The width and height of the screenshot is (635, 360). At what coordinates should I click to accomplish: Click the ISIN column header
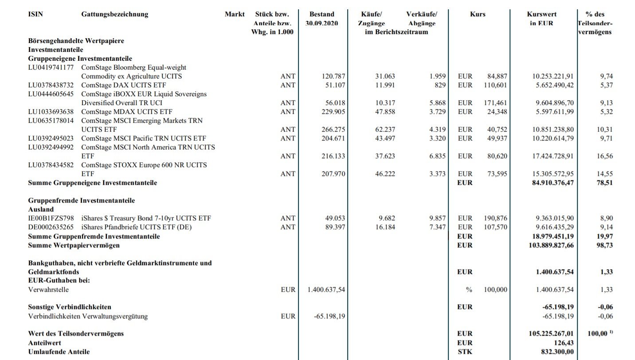click(x=35, y=14)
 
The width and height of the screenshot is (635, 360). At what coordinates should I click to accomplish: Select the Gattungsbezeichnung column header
click(x=114, y=14)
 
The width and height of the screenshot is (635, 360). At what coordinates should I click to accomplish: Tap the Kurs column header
click(x=478, y=14)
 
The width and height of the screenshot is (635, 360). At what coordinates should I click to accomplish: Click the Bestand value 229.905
click(x=333, y=112)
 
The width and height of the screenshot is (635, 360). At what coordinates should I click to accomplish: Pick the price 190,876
click(x=495, y=218)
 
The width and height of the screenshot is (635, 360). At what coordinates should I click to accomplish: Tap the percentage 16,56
click(x=605, y=156)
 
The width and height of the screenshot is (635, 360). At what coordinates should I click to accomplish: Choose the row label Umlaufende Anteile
click(x=59, y=352)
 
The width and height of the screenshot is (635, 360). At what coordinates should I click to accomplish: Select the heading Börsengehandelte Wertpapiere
click(x=76, y=41)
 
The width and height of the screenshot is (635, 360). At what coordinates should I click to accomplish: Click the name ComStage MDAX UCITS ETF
click(x=127, y=112)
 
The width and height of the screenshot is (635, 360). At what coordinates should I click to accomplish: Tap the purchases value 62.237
click(x=385, y=129)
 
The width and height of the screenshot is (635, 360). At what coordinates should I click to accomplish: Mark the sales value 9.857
click(x=437, y=218)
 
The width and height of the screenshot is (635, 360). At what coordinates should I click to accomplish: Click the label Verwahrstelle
click(x=48, y=290)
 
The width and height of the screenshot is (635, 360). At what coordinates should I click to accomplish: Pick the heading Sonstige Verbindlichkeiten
click(x=70, y=307)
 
